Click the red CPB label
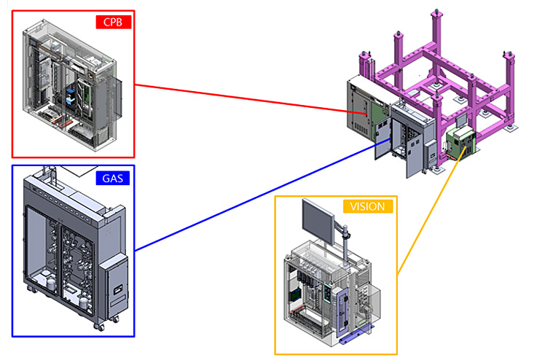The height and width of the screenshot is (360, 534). (114, 22)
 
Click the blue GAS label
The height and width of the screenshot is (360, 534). (113, 178)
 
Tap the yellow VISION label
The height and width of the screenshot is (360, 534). (367, 206)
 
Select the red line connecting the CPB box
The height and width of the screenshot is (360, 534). (251, 99)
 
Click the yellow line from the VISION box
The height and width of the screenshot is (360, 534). (432, 211)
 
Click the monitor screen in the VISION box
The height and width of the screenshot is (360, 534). (318, 219)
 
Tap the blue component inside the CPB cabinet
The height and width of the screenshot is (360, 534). (70, 95)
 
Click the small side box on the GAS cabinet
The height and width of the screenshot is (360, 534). (114, 282)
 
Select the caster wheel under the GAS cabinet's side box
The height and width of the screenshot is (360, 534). (100, 326)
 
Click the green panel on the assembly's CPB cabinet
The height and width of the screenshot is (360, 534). (379, 117)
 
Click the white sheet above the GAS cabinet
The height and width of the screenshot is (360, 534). (79, 171)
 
